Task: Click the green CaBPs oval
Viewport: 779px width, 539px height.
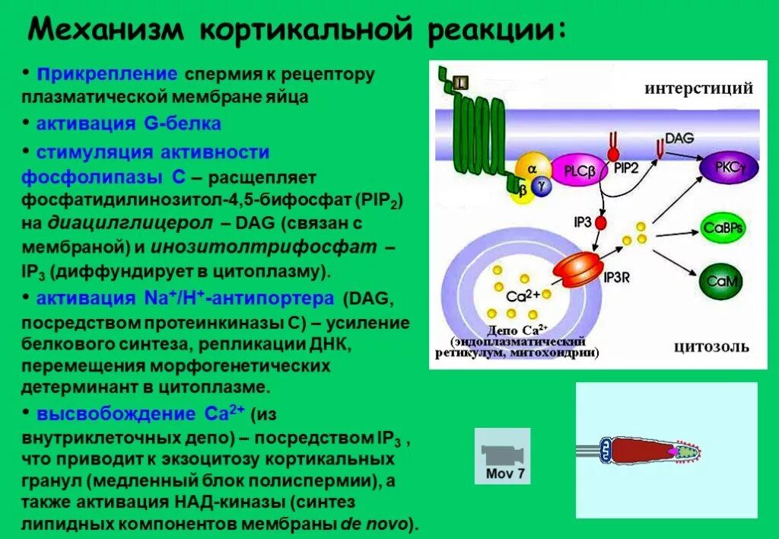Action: pyautogui.click(x=723, y=228)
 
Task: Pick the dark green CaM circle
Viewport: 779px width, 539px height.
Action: pyautogui.click(x=720, y=281)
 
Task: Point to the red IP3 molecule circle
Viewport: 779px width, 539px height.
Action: pyautogui.click(x=601, y=223)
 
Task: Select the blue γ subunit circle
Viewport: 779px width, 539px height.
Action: pyautogui.click(x=541, y=185)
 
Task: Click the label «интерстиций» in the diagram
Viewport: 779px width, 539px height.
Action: pyautogui.click(x=698, y=88)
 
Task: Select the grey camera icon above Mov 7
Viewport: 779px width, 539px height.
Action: pyautogui.click(x=502, y=454)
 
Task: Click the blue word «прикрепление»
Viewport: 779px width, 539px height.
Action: pyautogui.click(x=108, y=75)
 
